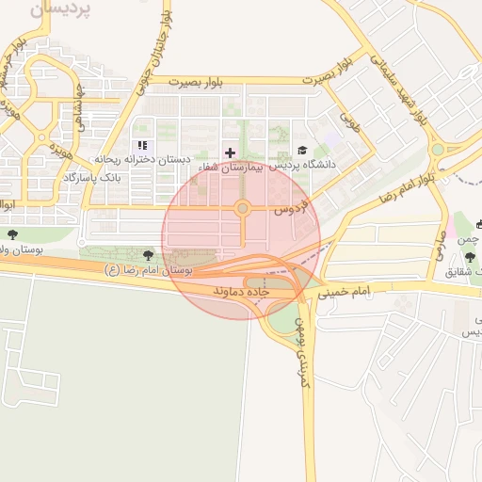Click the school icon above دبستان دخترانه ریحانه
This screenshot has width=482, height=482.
142,146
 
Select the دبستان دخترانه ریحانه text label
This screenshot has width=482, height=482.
142,160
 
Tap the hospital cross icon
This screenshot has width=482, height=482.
231,152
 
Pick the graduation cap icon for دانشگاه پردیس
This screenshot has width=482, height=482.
302,151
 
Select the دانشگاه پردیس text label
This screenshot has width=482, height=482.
302,165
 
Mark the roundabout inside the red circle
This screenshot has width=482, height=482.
242,207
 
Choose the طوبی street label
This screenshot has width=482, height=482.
350,120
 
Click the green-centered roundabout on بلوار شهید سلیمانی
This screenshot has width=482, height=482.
437,150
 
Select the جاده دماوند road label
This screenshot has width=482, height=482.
242,292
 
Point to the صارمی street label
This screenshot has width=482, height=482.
442,247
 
